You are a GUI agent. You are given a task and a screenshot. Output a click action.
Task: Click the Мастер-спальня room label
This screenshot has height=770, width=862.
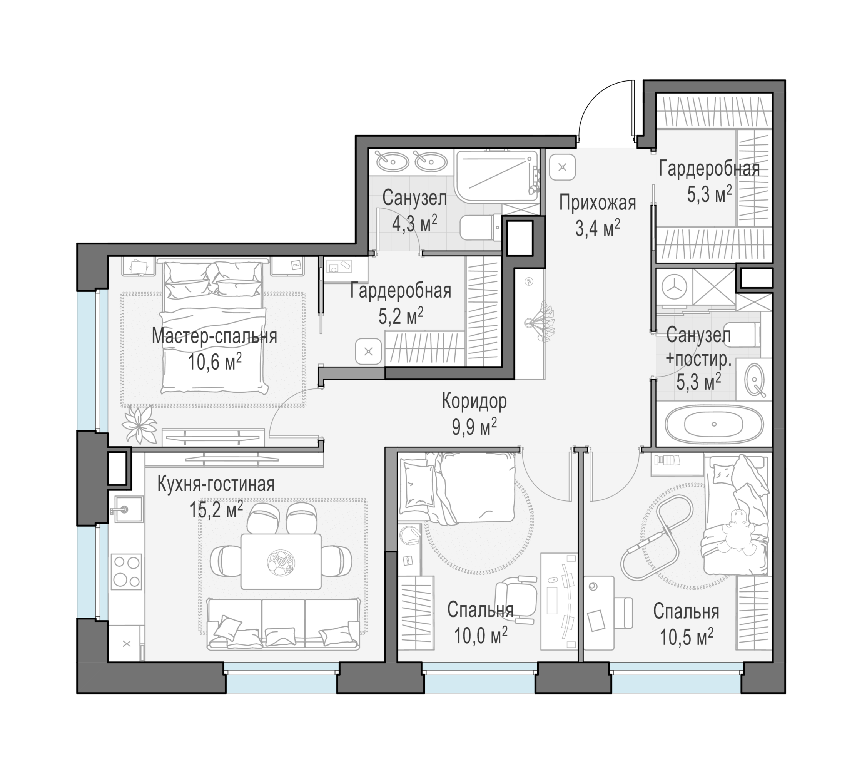[x=214, y=337]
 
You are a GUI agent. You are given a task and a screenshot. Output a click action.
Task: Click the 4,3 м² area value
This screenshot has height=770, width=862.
[x=414, y=223]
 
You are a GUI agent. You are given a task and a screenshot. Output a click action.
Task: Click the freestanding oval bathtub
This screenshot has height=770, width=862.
[x=714, y=423]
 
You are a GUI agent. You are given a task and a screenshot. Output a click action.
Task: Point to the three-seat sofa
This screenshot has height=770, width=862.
[x=283, y=624]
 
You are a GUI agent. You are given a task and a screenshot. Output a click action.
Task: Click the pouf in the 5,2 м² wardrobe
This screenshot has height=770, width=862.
[x=368, y=351]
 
